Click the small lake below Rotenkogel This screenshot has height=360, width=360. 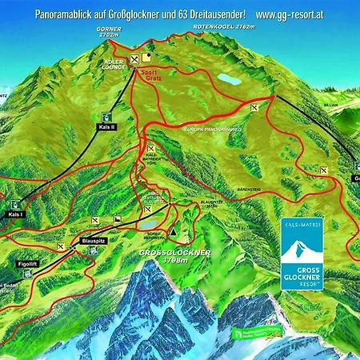click(228, 78)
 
